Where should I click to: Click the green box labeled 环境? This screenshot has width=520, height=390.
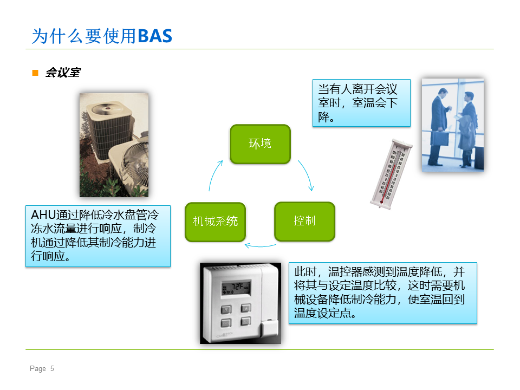261,144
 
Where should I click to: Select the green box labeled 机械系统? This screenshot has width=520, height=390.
215,222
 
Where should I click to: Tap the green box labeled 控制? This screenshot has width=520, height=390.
304,221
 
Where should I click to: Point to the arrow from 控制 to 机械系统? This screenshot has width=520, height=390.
260,246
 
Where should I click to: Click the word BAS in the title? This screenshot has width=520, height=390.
155,36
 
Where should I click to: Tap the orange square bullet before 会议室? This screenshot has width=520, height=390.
35,73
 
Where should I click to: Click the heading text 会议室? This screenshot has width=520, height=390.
63,72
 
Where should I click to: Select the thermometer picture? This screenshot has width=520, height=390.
391,174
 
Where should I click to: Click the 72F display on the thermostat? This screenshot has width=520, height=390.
236,288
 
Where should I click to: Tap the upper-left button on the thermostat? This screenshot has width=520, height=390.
226,310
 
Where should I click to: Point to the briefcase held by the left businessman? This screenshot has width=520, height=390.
439,138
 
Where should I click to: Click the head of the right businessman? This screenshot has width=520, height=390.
469,96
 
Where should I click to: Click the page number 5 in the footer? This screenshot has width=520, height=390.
52,368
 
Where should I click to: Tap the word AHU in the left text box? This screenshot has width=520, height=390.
43,215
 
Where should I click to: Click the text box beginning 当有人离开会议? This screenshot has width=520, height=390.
361,103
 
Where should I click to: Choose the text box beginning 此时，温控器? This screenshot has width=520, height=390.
383,293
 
